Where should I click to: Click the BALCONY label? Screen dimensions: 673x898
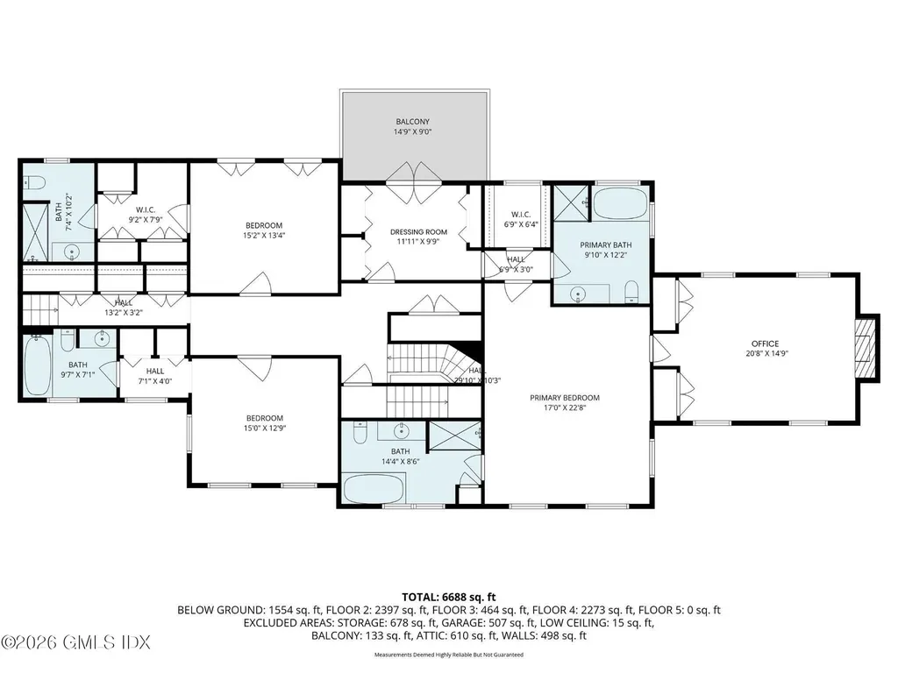412,122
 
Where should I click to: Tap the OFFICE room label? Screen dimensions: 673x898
765,344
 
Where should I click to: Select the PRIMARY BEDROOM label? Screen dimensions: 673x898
565,397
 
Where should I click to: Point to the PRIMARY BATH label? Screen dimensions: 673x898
601,245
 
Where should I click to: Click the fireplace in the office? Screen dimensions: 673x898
866,348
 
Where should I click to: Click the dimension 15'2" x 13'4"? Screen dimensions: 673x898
264,234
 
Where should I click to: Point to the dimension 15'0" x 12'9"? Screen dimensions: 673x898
264,429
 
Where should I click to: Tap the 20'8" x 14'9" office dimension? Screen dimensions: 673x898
765,354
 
